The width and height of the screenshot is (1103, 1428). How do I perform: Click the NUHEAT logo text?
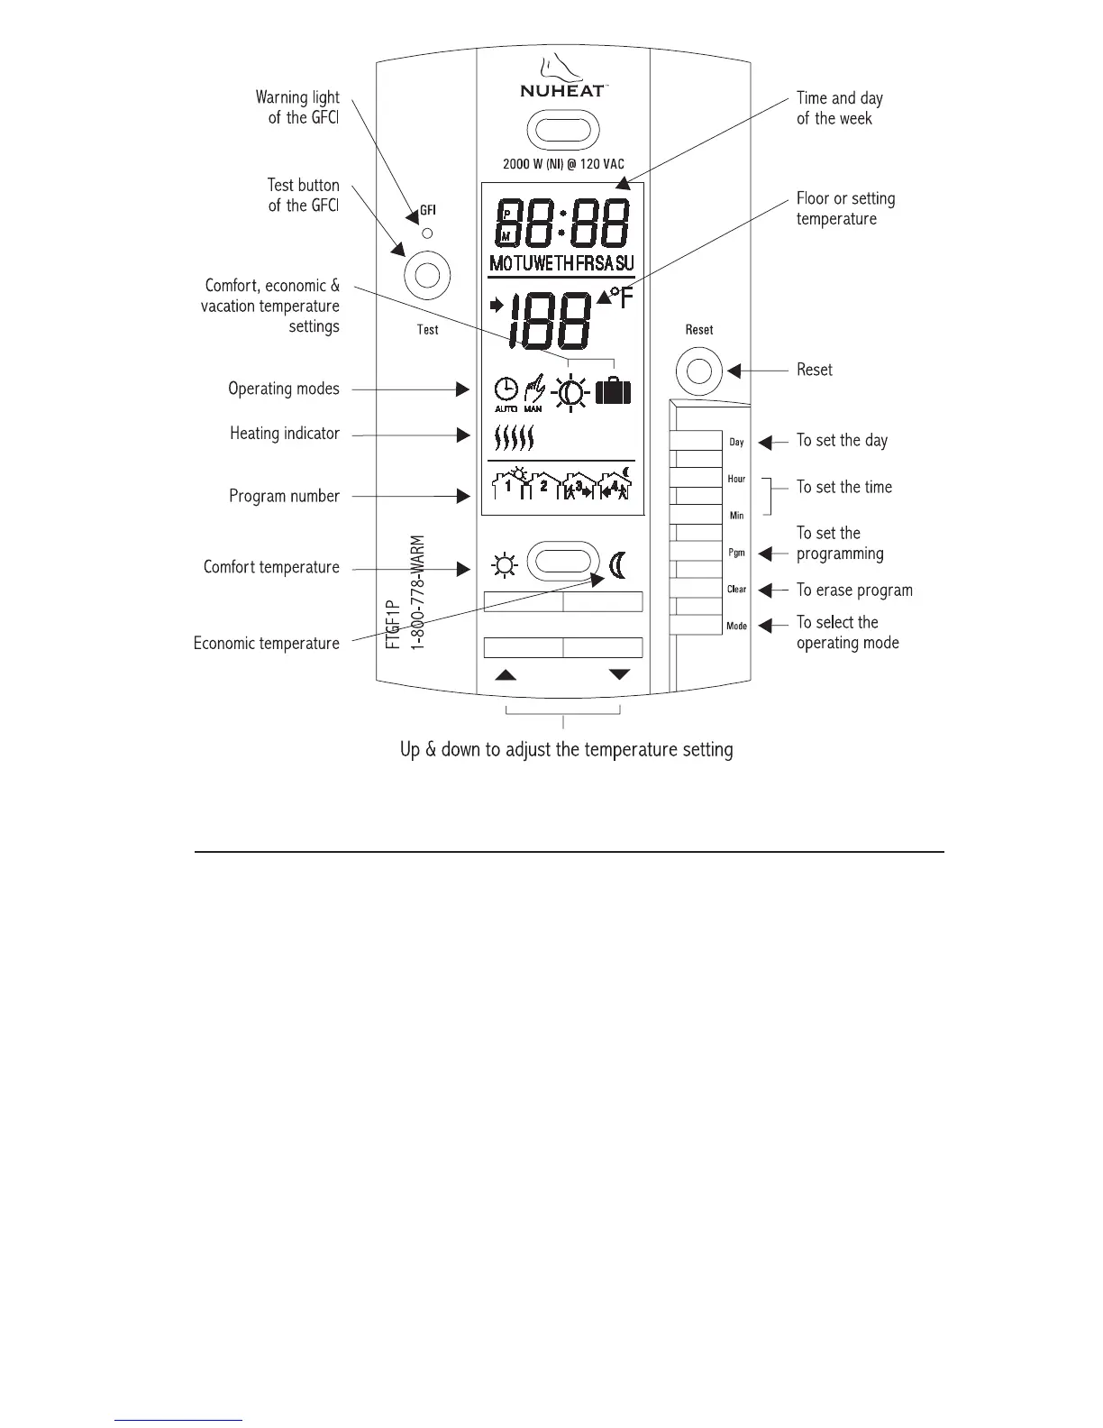[x=562, y=90]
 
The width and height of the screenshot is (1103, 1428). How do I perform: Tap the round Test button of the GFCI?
[x=427, y=275]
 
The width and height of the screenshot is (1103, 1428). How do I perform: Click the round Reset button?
[x=699, y=371]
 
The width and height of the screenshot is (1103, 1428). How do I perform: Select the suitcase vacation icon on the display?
[x=613, y=391]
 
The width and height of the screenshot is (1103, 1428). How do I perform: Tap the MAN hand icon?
[x=534, y=391]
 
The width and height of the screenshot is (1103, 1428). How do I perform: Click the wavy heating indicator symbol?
[x=515, y=438]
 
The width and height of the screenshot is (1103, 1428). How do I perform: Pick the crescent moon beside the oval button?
[x=618, y=564]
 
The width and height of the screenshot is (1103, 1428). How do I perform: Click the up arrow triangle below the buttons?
[x=506, y=674]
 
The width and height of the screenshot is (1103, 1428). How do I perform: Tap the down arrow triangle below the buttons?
[x=620, y=674]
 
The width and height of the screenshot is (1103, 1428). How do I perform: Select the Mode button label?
[x=736, y=626]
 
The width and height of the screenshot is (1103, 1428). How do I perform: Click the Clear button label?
[x=736, y=590]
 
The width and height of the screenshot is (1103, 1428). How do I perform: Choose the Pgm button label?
[x=736, y=553]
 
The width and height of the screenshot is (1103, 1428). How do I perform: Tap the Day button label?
[x=736, y=442]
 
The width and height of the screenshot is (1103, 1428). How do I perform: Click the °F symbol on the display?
[x=620, y=298]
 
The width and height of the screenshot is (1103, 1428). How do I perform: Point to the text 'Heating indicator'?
[x=285, y=434]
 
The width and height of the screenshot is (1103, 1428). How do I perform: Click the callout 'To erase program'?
[x=854, y=590]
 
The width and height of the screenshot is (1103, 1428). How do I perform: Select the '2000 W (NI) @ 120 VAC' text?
[x=563, y=165]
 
